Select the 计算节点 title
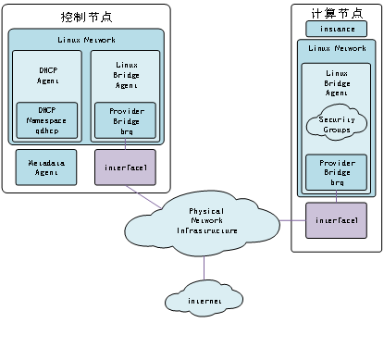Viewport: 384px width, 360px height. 330,15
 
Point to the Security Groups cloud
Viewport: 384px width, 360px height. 337,126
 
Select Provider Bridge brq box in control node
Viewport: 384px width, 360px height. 125,120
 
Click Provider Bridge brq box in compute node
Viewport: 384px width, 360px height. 337,173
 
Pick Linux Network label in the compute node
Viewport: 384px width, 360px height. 337,47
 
